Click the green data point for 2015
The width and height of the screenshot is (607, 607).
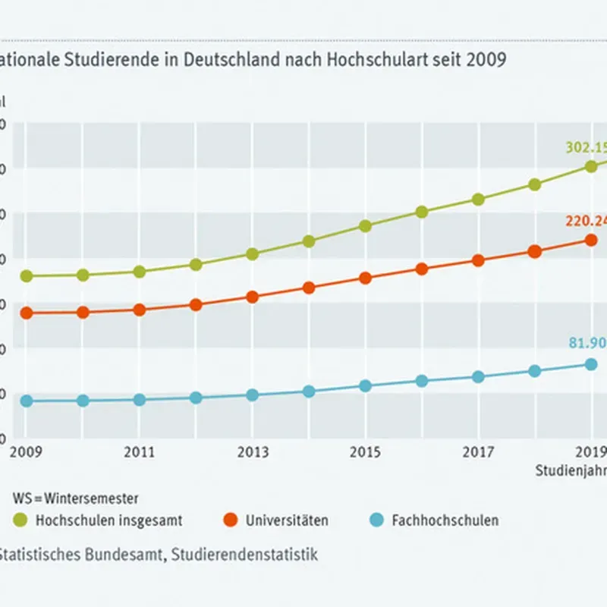(x=365, y=226)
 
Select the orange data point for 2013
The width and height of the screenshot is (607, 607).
(x=253, y=297)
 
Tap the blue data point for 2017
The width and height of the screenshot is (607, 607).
(x=478, y=377)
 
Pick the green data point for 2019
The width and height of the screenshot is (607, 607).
(x=591, y=167)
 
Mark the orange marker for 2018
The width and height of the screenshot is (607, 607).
(x=534, y=252)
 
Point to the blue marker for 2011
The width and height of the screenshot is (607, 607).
(x=140, y=400)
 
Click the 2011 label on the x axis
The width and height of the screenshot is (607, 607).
(x=140, y=454)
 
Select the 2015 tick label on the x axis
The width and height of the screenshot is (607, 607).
(x=365, y=454)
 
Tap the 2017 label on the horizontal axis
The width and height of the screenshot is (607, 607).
(x=478, y=454)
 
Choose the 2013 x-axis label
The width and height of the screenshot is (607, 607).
(x=253, y=454)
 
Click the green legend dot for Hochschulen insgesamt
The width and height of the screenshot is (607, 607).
(x=20, y=521)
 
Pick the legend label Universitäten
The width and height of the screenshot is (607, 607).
(x=287, y=521)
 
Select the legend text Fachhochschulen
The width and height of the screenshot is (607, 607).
(x=445, y=521)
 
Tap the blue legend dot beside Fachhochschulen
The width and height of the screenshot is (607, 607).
(x=376, y=521)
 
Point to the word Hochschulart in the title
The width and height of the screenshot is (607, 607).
(x=363, y=59)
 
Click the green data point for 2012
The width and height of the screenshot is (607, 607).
(x=196, y=265)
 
